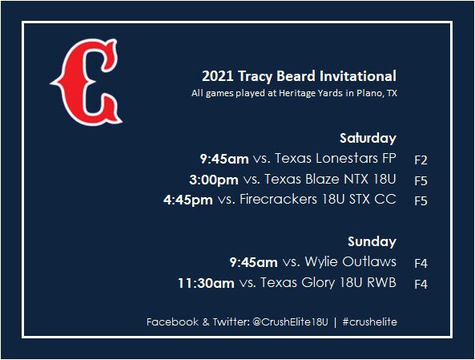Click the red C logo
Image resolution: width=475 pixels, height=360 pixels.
pos(86,84)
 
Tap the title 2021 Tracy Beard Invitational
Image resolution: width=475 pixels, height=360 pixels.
pos(299,77)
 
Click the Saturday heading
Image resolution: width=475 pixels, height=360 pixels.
pos(368,138)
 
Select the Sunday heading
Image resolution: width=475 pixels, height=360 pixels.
pos(372,241)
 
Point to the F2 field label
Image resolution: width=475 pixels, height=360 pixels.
pos(421,160)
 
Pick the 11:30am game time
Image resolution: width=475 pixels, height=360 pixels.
pos(206,282)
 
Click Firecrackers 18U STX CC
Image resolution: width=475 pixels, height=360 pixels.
pos(318,200)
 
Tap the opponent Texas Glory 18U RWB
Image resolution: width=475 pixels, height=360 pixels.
pos(329,282)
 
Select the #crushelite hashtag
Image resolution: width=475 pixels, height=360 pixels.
pos(369,322)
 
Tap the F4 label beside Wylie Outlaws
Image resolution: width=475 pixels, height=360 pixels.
pos(421,262)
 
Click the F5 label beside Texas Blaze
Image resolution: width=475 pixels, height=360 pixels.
pos(421,180)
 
